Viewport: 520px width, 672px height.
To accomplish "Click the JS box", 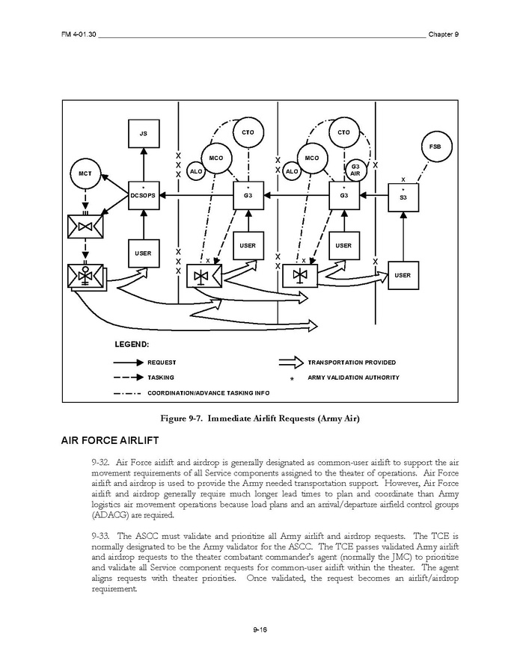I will point(144,133).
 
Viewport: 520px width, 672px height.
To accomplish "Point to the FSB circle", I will point(435,147).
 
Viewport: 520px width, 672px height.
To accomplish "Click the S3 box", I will point(403,197).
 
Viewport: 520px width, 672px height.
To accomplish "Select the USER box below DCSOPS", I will point(143,253).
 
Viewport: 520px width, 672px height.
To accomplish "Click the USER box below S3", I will point(403,275).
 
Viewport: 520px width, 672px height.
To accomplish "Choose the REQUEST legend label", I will point(162,363).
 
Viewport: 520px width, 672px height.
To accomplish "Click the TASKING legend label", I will point(161,377).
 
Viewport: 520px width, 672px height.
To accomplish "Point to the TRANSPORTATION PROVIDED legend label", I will point(352,363).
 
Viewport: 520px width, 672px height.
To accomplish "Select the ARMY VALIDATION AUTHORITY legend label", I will point(353,377).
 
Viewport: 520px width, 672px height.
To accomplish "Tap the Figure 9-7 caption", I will point(260,419).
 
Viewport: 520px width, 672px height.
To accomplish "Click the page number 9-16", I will point(260,630).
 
